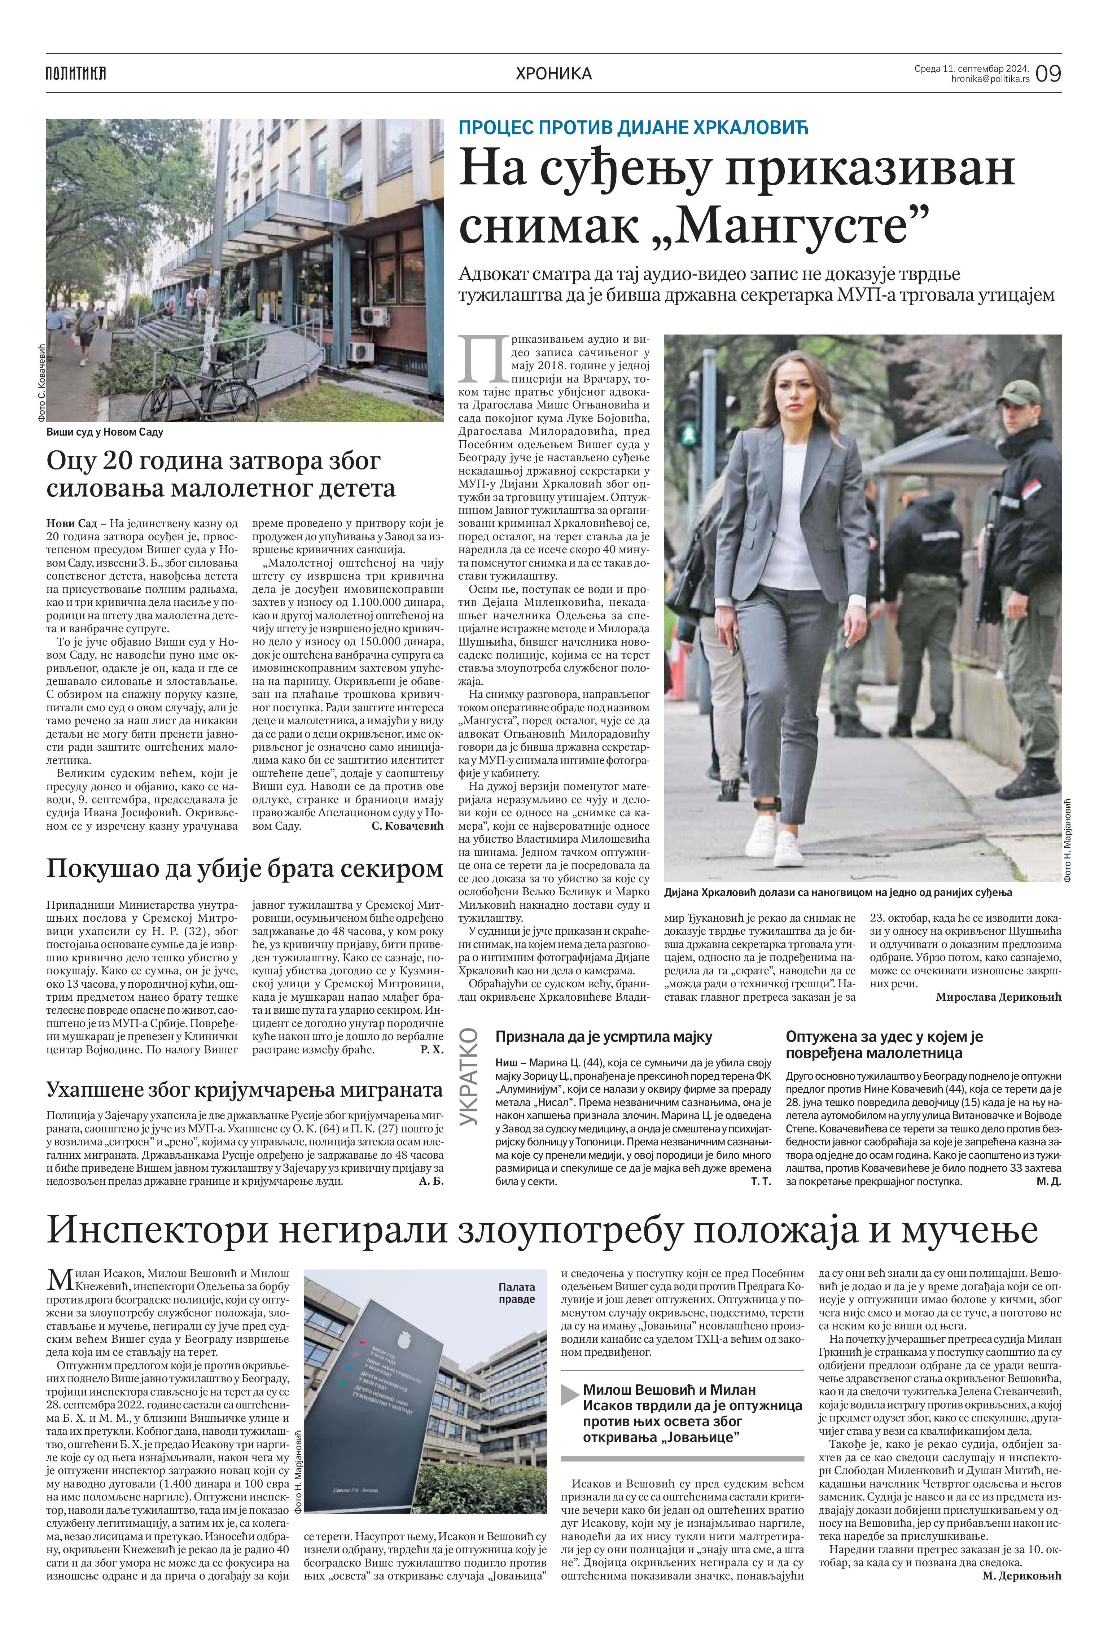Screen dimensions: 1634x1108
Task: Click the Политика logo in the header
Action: click(x=75, y=73)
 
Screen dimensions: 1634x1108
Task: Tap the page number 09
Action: click(x=1048, y=73)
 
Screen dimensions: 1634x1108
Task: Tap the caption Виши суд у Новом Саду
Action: click(x=105, y=432)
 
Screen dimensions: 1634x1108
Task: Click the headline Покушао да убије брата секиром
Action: click(x=245, y=869)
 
